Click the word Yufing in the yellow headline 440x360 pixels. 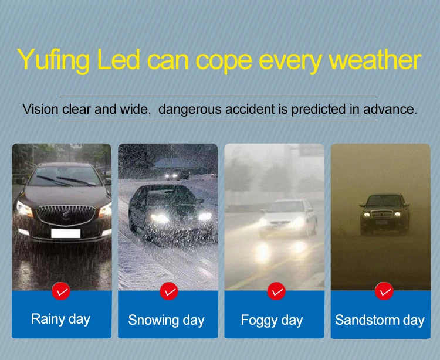(x=53, y=60)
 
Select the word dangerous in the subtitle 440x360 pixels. (x=189, y=109)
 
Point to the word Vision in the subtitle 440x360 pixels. (x=40, y=109)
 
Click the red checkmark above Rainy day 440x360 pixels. (x=61, y=291)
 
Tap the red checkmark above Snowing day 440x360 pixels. (x=169, y=291)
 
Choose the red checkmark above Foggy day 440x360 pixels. (x=276, y=291)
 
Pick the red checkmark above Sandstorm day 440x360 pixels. (x=384, y=291)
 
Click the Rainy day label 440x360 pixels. (x=60, y=319)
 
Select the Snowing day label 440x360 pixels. (x=167, y=320)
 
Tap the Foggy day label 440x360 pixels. (x=272, y=320)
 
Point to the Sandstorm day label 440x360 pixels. (x=380, y=320)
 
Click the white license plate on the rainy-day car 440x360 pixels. (x=66, y=233)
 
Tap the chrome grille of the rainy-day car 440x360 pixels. (x=66, y=215)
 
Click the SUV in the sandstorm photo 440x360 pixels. (x=384, y=214)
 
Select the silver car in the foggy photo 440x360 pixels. (x=288, y=218)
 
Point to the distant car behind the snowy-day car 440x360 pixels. (x=176, y=174)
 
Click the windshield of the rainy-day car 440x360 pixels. (x=65, y=176)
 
